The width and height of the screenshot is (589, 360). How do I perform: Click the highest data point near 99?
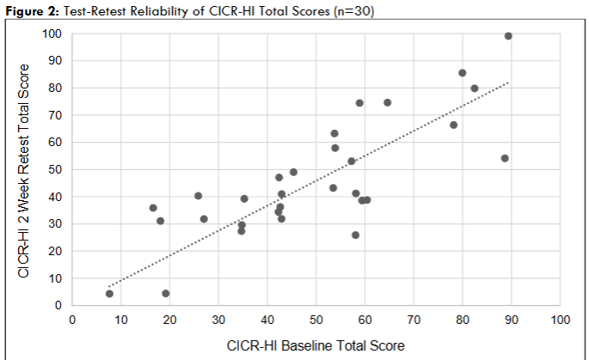pyautogui.click(x=508, y=36)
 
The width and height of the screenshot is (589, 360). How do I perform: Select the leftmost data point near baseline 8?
pyautogui.click(x=109, y=294)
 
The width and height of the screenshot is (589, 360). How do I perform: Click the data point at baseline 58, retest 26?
pyautogui.click(x=355, y=235)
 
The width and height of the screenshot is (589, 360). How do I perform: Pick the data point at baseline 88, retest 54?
pyautogui.click(x=505, y=158)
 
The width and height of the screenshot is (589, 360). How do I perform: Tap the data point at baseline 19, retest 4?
pyautogui.click(x=165, y=294)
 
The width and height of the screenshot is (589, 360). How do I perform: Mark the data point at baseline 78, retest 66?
pyautogui.click(x=453, y=125)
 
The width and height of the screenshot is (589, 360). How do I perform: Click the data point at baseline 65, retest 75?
pyautogui.click(x=387, y=102)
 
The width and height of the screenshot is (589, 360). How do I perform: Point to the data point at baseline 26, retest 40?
pyautogui.click(x=198, y=196)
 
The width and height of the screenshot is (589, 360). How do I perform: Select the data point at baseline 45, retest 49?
pyautogui.click(x=293, y=172)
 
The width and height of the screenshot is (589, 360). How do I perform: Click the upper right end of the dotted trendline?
pyautogui.click(x=509, y=82)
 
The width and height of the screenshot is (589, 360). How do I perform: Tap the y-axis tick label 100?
pyautogui.click(x=53, y=34)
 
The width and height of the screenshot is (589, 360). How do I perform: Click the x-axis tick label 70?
pyautogui.click(x=413, y=320)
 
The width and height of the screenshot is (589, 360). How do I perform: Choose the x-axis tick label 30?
pyautogui.click(x=218, y=320)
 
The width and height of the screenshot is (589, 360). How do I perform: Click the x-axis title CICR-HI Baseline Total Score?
pyautogui.click(x=315, y=345)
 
